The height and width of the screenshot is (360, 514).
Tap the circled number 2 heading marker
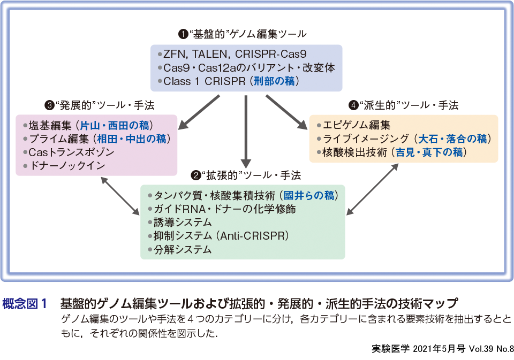tap(196, 175)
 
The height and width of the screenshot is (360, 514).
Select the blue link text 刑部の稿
tap(276, 82)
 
